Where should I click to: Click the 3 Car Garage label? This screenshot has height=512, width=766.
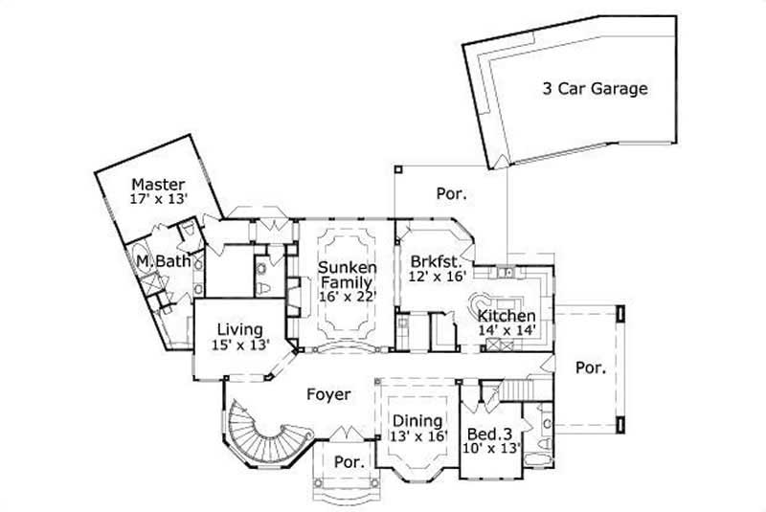(x=596, y=90)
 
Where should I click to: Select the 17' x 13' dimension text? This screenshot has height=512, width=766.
(x=158, y=199)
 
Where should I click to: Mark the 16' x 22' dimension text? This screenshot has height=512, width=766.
(x=348, y=298)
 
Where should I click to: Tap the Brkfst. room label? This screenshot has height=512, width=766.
(x=438, y=261)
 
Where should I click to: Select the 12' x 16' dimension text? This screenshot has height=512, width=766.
(x=438, y=277)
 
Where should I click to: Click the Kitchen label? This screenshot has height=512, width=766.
(x=507, y=316)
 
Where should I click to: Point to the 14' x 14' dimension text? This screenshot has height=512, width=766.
(x=507, y=331)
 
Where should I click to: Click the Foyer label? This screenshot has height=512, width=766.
(x=328, y=394)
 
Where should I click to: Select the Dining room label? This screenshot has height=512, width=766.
(x=417, y=421)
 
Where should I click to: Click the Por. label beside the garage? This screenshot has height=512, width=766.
(x=452, y=193)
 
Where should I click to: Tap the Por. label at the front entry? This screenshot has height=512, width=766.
(x=348, y=462)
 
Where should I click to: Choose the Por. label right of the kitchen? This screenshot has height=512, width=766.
(x=591, y=367)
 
